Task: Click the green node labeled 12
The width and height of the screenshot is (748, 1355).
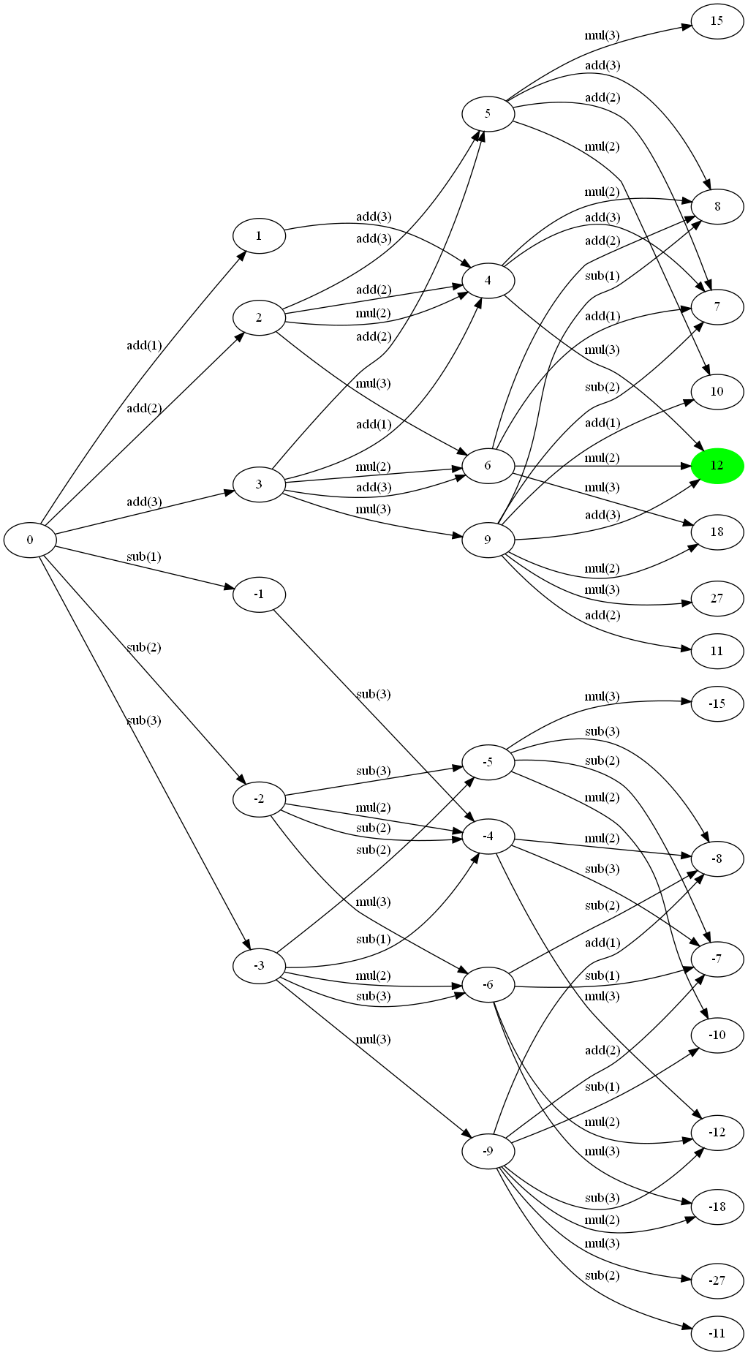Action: click(x=717, y=466)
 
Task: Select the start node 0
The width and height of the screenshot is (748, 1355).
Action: click(x=30, y=540)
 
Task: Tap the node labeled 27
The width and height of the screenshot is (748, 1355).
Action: click(x=717, y=598)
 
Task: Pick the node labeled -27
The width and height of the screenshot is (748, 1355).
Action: click(x=717, y=1280)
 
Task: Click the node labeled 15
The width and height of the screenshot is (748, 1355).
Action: click(x=717, y=20)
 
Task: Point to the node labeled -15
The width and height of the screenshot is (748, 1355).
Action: click(x=717, y=703)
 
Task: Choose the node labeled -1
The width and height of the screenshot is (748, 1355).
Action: click(x=259, y=595)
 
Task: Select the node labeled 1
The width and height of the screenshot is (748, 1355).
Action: click(x=259, y=236)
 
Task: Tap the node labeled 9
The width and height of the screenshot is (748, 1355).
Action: click(x=488, y=540)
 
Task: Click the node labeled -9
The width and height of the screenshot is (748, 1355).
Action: click(x=488, y=1152)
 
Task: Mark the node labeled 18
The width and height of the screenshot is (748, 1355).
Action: click(x=717, y=532)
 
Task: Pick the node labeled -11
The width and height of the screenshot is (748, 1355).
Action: click(x=717, y=1333)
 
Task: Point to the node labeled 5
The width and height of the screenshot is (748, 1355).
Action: click(x=488, y=113)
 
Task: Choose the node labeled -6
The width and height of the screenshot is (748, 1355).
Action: click(x=488, y=985)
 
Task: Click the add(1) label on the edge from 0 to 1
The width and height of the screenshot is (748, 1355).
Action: click(x=144, y=345)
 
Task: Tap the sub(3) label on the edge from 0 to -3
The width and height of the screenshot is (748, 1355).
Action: click(x=144, y=720)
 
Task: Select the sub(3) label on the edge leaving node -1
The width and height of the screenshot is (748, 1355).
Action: click(x=373, y=694)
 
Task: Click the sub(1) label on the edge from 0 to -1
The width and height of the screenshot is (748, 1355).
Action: click(x=144, y=556)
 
